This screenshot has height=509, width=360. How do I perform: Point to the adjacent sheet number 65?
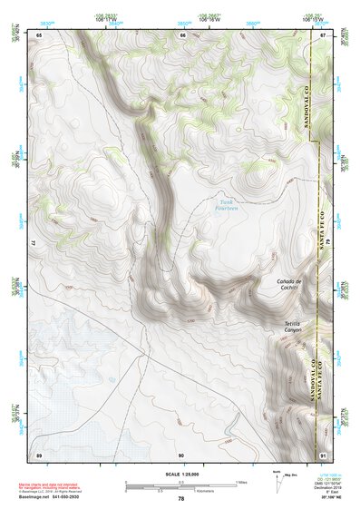(39, 35)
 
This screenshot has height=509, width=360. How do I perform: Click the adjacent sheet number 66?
(182, 35)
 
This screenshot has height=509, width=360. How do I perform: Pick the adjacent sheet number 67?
(324, 35)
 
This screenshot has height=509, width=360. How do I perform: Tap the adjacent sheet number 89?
(38, 454)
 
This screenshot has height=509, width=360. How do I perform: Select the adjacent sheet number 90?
(181, 454)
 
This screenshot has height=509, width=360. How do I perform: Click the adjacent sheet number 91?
(324, 454)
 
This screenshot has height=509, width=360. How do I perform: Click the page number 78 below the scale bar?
(180, 499)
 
